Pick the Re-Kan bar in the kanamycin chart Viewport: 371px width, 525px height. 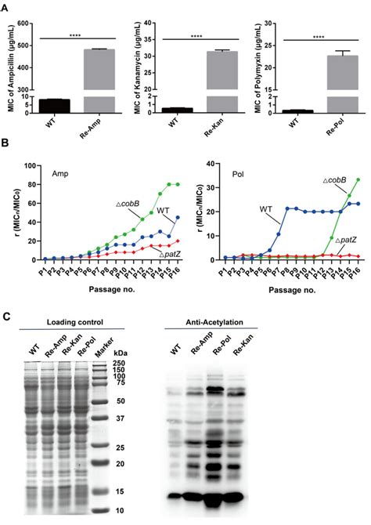pos(210,78)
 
